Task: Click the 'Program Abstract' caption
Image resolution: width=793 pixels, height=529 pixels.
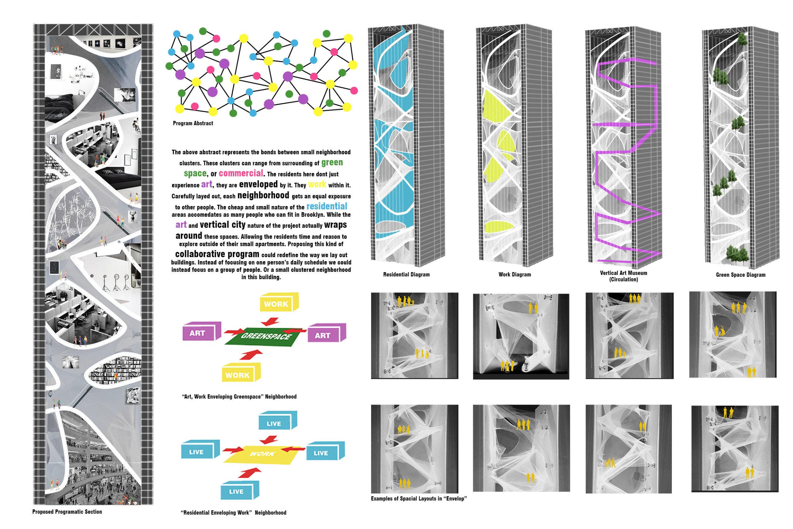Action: pos(193,123)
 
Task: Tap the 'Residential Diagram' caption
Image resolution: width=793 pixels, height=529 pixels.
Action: pos(406,274)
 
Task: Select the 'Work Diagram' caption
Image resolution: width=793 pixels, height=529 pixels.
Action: pos(514,274)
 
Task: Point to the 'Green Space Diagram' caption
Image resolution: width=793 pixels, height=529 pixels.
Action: pos(740,275)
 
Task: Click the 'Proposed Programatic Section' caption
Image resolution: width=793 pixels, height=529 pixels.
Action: pos(67,512)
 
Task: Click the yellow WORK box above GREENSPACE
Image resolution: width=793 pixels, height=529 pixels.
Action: pos(279,302)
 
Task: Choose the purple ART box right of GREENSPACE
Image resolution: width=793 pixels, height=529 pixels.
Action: pos(327,333)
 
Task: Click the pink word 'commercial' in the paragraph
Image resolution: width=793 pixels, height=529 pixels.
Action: pos(241,173)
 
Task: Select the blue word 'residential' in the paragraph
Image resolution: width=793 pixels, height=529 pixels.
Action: pos(327,206)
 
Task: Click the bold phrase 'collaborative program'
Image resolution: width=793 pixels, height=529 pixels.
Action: pos(217,254)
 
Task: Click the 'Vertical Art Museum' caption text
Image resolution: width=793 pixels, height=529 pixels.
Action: pos(623,273)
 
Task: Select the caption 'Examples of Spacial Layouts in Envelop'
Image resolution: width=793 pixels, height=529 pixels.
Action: pos(419,499)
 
